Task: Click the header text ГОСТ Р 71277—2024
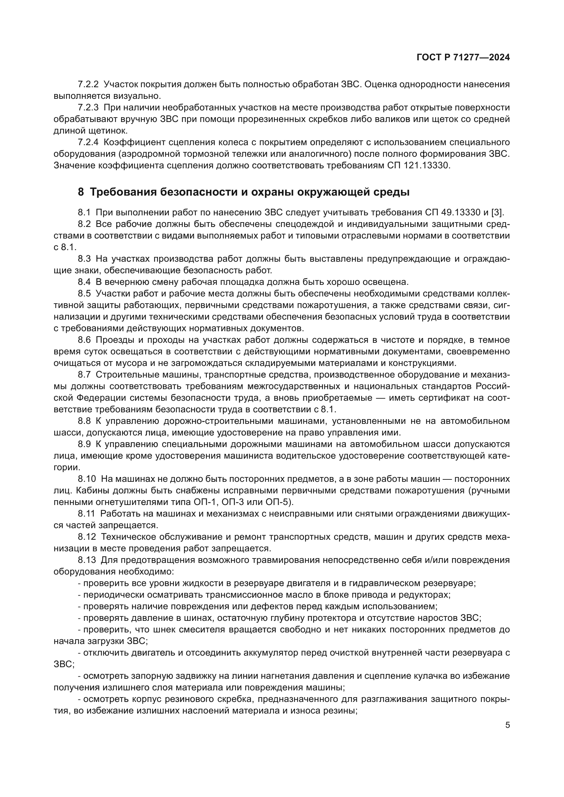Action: pos(463,58)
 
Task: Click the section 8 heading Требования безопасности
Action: pos(243,191)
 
